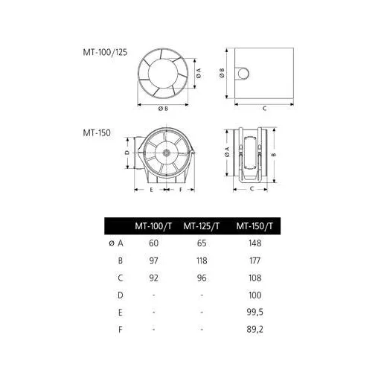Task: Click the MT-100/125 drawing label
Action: click(105, 52)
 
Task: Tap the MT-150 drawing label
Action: click(97, 132)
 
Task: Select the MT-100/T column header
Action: click(153, 226)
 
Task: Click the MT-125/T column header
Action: click(202, 226)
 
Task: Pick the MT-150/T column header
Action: click(254, 226)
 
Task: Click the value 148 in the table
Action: click(255, 243)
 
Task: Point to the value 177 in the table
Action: click(255, 260)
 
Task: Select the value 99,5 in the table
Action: click(255, 312)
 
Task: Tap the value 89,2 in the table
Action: click(255, 330)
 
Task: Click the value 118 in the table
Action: click(202, 260)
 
